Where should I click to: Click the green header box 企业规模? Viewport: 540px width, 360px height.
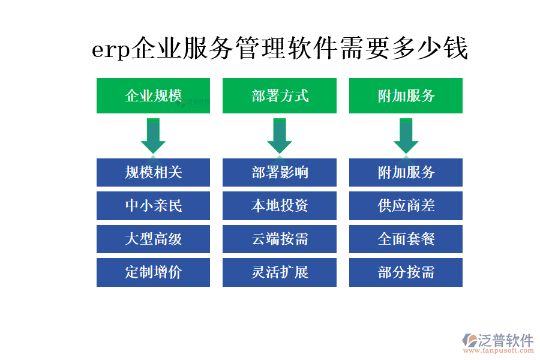tap(153, 95)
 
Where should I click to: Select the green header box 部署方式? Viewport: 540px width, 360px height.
tap(280, 95)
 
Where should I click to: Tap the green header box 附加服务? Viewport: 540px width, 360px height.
tap(406, 95)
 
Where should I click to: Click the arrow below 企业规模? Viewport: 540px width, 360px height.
tap(153, 136)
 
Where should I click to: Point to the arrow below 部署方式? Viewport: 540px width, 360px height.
tap(280, 136)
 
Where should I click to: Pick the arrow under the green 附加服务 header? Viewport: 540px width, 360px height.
tap(406, 136)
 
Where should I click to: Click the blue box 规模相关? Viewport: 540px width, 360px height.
tap(153, 172)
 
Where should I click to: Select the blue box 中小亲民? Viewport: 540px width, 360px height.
tap(153, 206)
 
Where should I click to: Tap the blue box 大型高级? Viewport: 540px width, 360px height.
tap(153, 239)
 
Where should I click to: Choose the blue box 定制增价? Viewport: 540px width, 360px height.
tap(153, 272)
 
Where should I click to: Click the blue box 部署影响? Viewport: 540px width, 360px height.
tap(280, 172)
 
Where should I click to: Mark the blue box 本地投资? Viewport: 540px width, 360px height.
tap(280, 206)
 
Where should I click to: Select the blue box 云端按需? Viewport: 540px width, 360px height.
tap(280, 239)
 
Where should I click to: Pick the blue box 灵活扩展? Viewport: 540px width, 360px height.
tap(280, 272)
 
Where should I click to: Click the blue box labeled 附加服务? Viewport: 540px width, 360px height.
tap(406, 172)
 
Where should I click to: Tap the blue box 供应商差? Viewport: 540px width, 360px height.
tap(406, 206)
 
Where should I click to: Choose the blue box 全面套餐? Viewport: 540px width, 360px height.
tap(406, 239)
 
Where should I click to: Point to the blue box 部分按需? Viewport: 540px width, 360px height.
tap(406, 272)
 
